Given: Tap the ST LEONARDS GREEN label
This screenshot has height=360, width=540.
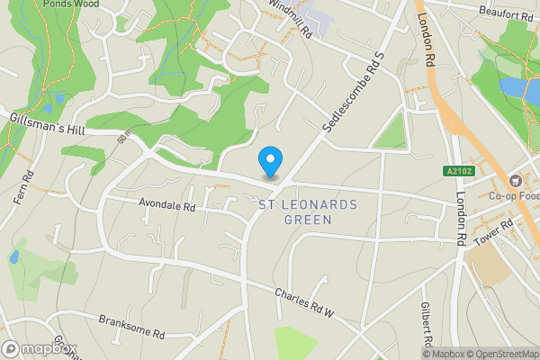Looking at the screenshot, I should point(308,212).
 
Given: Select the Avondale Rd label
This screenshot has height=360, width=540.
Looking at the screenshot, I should point(166,206).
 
